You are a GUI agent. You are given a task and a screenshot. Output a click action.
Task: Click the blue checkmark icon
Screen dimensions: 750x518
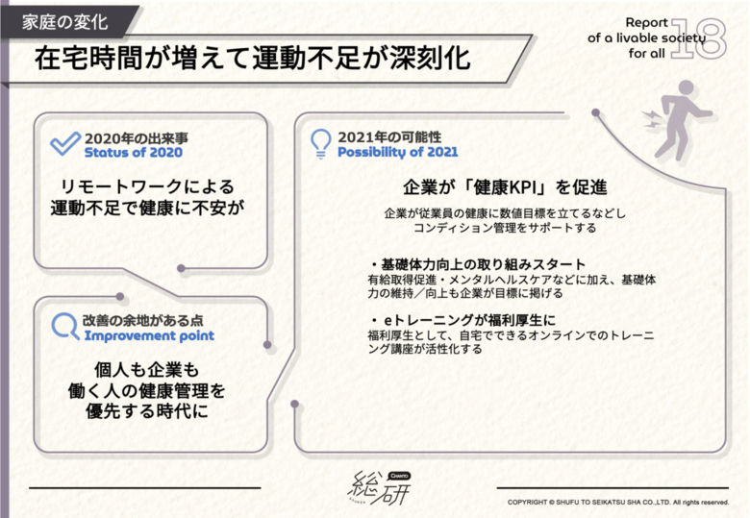pos(65,144)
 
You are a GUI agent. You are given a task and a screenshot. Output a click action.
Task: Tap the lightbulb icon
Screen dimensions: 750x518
pos(320,143)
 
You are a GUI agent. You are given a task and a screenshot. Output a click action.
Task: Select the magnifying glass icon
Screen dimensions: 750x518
pos(65,327)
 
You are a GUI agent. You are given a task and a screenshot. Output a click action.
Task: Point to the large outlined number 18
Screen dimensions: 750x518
pos(699,38)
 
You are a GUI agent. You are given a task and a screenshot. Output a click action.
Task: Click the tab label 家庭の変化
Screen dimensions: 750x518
pos(65,22)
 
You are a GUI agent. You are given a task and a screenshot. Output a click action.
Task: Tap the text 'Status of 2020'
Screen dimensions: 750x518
pos(134,153)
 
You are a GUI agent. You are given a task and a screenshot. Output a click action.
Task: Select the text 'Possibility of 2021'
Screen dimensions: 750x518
pos(397,152)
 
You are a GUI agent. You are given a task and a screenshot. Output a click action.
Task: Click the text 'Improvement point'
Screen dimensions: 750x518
pos(149,336)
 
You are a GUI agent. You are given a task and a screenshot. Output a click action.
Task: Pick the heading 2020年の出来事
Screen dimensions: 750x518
pos(137,138)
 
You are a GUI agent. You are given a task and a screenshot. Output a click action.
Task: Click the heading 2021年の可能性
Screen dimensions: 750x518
pos(389,137)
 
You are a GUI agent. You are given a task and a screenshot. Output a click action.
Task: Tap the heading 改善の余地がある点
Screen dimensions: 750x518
pos(143,321)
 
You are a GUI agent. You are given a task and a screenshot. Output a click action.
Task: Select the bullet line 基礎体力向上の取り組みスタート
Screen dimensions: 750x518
pos(478,264)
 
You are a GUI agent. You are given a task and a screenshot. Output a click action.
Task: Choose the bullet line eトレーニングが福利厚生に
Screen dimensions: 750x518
pos(463,320)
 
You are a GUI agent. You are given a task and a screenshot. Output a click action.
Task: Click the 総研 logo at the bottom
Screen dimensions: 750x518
pos(379,487)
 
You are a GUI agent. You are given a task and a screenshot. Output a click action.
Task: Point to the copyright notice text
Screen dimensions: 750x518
pos(618,503)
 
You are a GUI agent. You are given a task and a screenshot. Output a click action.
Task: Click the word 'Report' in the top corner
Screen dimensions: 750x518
pos(647,22)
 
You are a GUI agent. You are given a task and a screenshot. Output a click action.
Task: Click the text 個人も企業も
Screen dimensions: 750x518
pos(146,370)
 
